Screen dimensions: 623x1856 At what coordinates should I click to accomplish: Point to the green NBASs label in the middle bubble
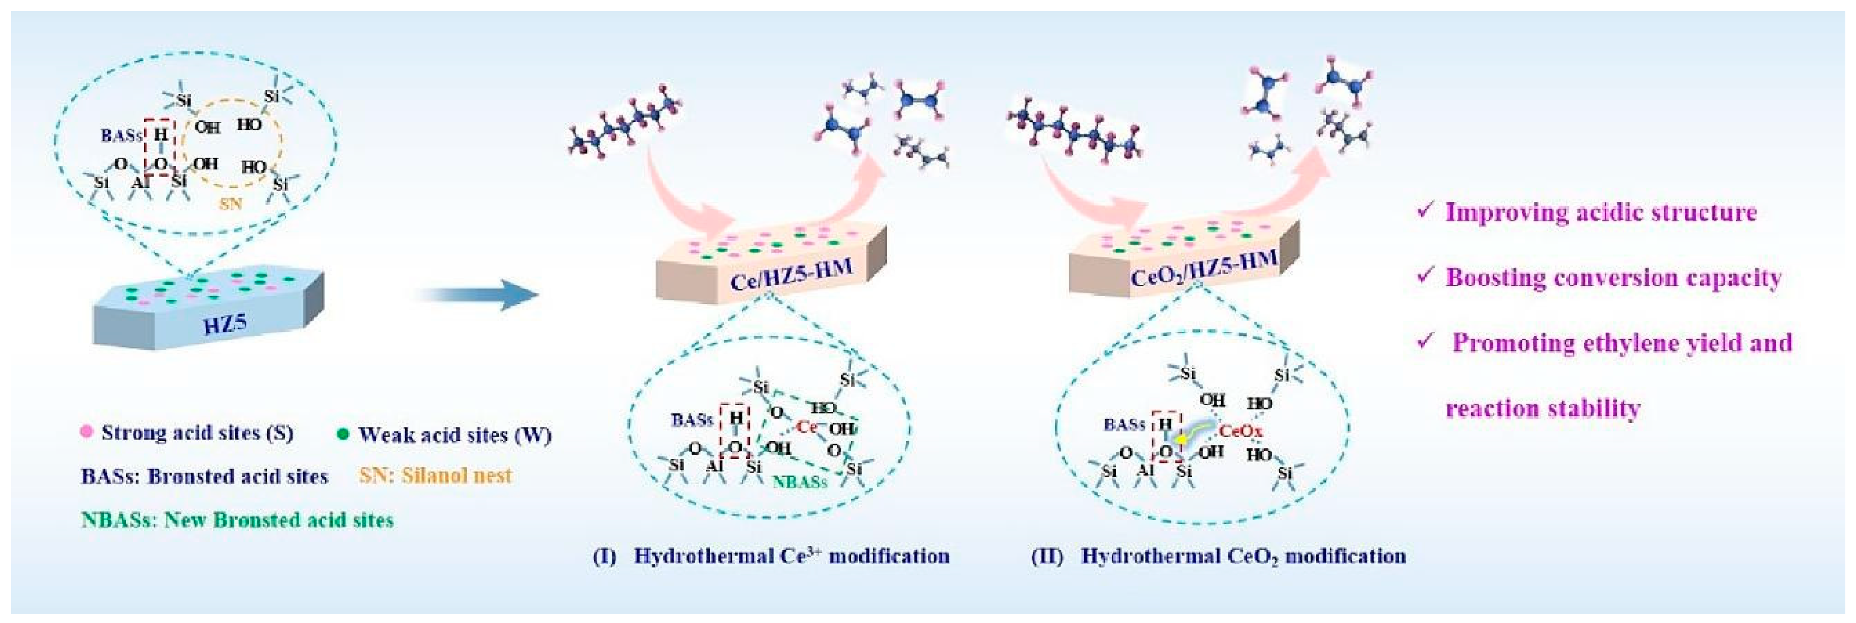coord(800,482)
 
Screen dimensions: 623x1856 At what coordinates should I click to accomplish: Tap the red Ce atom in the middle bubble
coord(806,427)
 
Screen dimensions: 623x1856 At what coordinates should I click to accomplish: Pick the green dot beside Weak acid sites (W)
coord(343,434)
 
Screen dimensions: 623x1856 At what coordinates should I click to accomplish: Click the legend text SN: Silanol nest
coord(435,475)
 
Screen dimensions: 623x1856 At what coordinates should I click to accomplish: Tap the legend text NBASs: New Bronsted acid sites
coord(237,520)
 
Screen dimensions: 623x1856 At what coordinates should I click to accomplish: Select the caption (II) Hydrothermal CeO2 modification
coord(1218,556)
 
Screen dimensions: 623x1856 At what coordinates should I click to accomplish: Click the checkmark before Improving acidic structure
coord(1424,211)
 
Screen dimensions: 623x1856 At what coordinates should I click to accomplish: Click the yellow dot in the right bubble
coord(1181,438)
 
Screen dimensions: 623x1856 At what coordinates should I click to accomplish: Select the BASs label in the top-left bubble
coord(121,135)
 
